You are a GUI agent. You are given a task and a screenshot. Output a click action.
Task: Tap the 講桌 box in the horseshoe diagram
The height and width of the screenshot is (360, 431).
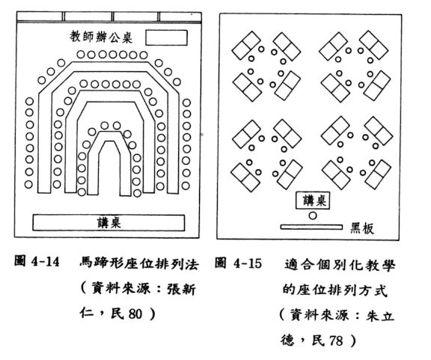(108, 222)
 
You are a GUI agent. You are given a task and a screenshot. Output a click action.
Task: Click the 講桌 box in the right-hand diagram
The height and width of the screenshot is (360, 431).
(313, 201)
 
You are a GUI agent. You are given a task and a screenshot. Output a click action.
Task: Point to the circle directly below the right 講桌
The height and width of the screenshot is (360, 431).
(313, 216)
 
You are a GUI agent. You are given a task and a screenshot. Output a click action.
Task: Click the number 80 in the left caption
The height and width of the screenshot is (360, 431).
(135, 314)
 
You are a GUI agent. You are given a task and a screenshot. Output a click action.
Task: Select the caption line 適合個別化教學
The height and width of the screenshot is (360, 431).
(340, 264)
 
